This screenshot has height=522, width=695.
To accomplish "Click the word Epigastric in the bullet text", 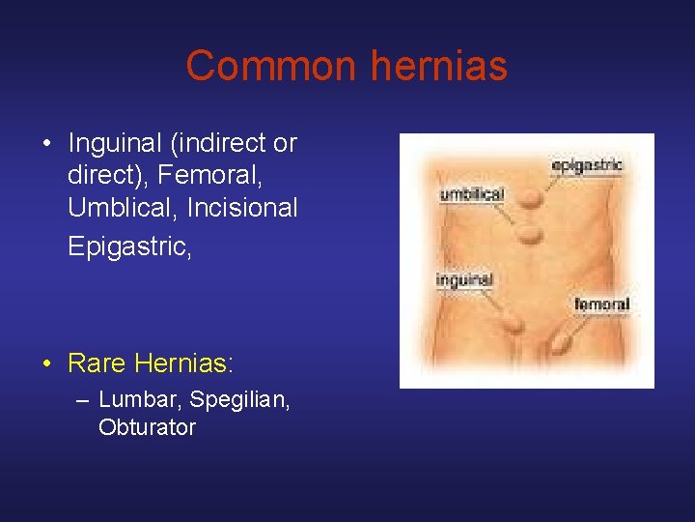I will click(128, 246).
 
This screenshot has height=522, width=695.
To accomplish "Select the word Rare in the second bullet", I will click(97, 363).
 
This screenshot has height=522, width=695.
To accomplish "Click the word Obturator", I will click(147, 426).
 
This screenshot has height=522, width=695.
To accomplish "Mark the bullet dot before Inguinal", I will click(45, 145).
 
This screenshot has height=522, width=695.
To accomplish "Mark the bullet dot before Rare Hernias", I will click(45, 364).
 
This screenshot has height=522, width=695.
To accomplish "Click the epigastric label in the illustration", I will click(587, 165).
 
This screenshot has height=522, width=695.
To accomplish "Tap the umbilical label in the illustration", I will click(472, 194).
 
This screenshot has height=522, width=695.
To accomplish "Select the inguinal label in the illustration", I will click(464, 280).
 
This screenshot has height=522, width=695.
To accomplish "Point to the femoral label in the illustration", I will click(601, 304).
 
